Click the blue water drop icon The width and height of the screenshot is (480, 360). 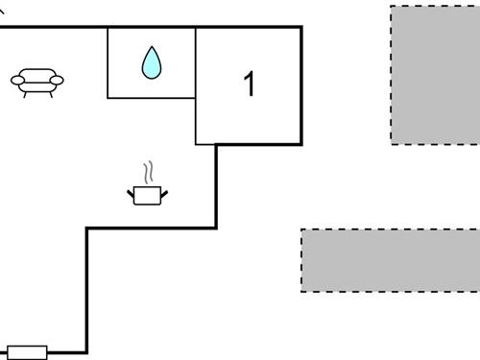[152, 63]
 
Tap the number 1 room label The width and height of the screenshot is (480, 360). [250, 84]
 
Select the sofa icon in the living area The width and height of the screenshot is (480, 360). [37, 82]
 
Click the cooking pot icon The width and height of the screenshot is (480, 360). [146, 195]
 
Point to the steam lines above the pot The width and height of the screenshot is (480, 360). [148, 174]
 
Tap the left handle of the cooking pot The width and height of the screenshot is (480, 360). [131, 195]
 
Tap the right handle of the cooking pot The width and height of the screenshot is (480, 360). [163, 195]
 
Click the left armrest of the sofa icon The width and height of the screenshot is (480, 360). [17, 81]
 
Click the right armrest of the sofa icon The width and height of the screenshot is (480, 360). [58, 81]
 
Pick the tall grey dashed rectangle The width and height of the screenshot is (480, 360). [435, 75]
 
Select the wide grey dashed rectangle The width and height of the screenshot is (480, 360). [391, 260]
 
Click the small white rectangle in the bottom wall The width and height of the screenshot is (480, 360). [27, 352]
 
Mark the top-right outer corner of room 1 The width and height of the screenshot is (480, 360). [301, 27]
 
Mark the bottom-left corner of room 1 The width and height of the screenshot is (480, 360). [196, 144]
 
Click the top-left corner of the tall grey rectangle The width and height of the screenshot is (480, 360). [391, 7]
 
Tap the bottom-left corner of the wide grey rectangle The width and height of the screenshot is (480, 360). [301, 291]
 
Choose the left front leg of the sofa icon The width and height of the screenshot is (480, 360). [25, 95]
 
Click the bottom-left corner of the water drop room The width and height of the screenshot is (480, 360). [108, 97]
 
